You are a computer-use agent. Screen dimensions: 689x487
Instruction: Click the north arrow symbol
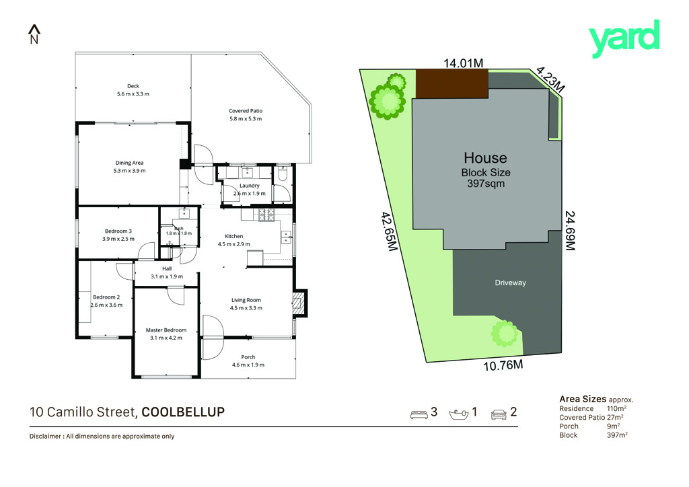[x=34, y=34]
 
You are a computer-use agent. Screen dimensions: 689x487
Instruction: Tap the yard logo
[x=624, y=38]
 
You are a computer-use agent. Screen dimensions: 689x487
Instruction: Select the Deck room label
[x=133, y=86]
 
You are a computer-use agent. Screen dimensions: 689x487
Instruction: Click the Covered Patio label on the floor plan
[x=246, y=111]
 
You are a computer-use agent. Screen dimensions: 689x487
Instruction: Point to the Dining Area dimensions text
[x=129, y=171]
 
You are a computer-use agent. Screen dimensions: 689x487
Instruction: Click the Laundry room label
[x=250, y=186]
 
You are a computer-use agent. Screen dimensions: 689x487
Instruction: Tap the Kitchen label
[x=233, y=236]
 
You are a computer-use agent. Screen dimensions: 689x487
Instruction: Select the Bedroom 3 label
[x=118, y=231]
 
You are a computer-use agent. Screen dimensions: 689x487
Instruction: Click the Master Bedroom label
[x=166, y=330]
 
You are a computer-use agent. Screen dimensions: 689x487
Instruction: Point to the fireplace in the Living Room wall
[x=299, y=303]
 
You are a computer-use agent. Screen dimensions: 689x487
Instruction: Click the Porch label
[x=248, y=357]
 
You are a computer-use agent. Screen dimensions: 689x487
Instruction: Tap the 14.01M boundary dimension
[x=463, y=63]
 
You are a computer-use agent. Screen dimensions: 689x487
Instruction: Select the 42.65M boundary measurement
[x=390, y=231]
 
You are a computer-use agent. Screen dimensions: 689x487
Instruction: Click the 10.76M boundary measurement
[x=503, y=365]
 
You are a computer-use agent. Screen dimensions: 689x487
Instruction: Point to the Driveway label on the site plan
[x=510, y=283]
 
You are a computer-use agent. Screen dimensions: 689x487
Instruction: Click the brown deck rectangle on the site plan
[x=451, y=83]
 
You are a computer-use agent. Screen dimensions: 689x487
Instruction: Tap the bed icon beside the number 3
[x=419, y=414]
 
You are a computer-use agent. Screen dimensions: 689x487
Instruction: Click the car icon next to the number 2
[x=499, y=414]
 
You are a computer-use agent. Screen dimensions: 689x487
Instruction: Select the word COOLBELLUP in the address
[x=183, y=412]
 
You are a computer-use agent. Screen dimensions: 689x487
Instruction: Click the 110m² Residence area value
[x=616, y=408]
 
